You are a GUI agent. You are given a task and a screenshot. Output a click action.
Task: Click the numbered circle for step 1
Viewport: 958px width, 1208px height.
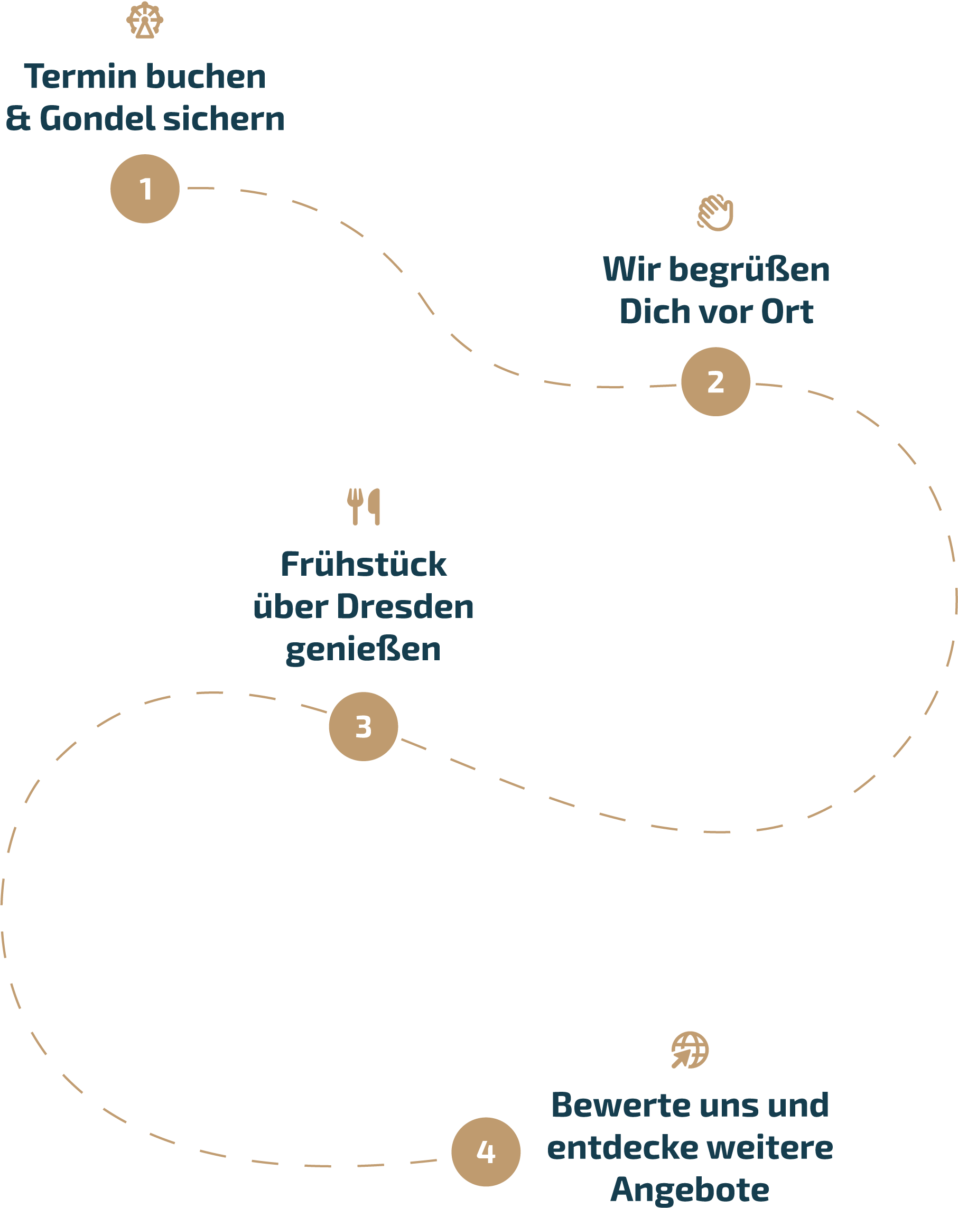coord(145,189)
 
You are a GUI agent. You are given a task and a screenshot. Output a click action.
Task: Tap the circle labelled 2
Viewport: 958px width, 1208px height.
coord(715,381)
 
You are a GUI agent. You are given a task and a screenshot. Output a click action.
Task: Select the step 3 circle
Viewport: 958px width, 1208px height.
coord(363,727)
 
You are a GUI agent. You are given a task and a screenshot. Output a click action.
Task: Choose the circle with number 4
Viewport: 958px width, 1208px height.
coord(486,1152)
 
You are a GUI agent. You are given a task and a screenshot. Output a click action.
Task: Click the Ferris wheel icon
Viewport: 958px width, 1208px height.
coord(145,20)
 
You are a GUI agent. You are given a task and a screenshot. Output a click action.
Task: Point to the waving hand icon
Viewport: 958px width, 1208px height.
coord(715,213)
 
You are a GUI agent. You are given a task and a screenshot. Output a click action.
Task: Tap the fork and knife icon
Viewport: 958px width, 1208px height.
coord(363,507)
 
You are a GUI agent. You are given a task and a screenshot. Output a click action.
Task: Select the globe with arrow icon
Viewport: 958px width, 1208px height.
coord(690,1050)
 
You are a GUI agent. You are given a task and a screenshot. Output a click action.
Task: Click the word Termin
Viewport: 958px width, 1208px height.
coord(80,77)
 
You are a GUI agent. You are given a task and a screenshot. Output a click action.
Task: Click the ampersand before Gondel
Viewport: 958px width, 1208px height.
coord(18,119)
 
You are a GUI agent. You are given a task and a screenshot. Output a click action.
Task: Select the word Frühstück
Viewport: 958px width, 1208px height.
coord(363,564)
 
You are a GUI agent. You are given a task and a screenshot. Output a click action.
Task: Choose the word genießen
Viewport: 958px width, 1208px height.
coord(363,650)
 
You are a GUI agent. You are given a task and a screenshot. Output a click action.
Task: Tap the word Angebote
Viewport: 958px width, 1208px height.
coord(690,1190)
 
